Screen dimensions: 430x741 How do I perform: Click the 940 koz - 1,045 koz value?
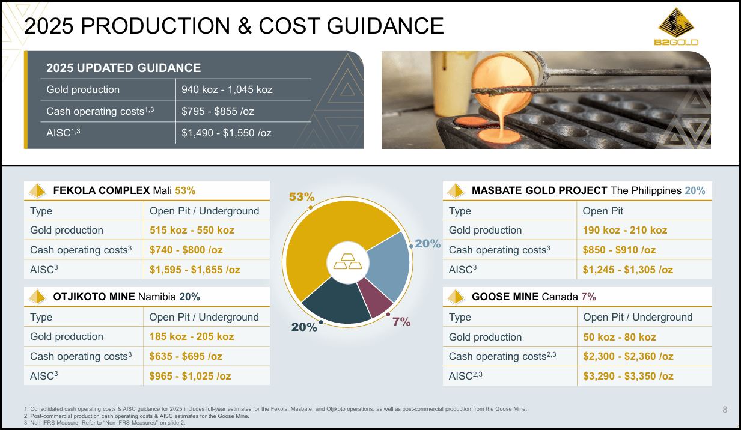pyautogui.click(x=227, y=89)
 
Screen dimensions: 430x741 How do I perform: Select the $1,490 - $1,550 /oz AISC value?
pyautogui.click(x=227, y=132)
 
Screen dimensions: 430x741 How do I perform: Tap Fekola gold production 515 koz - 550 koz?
pyautogui.click(x=192, y=230)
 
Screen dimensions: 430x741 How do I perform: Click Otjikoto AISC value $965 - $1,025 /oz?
pyautogui.click(x=190, y=376)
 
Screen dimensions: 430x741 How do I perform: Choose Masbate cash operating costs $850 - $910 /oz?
pyautogui.click(x=619, y=250)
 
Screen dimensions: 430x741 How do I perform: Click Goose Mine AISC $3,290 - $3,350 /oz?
pyautogui.click(x=628, y=376)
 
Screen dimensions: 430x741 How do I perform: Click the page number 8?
pyautogui.click(x=725, y=410)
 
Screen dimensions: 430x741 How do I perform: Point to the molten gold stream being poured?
pyautogui.click(x=499, y=111)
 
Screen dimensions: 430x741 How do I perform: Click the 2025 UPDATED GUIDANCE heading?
pyautogui.click(x=124, y=68)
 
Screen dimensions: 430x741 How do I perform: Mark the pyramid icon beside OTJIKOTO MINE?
pyautogui.click(x=38, y=297)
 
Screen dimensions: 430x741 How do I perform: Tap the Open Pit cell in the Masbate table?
pyautogui.click(x=603, y=211)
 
